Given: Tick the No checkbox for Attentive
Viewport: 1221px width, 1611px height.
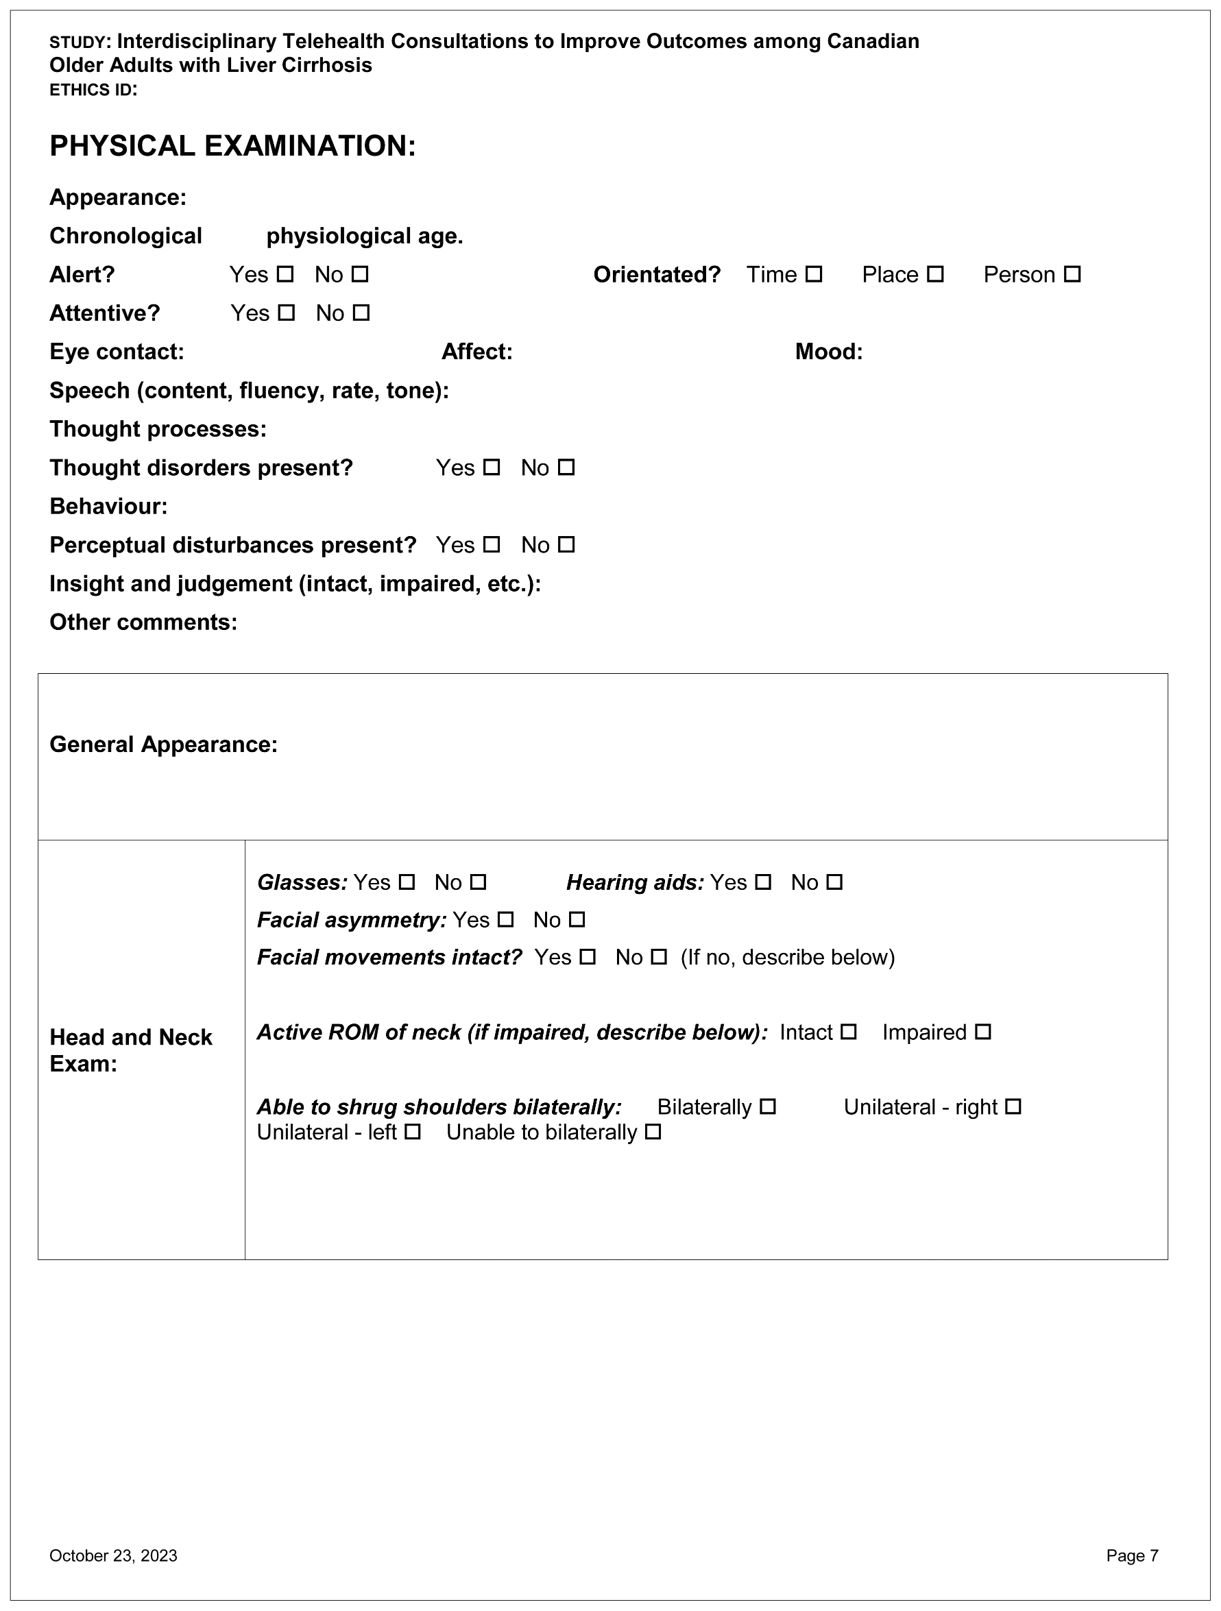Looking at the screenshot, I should coord(361,313).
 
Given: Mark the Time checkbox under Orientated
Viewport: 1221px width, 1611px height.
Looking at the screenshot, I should coord(814,275).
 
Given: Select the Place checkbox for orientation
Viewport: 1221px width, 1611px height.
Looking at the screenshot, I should coord(936,275).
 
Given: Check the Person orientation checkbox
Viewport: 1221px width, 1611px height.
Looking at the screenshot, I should coord(1072,275).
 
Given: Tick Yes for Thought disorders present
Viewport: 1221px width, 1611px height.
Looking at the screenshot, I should coord(492,468).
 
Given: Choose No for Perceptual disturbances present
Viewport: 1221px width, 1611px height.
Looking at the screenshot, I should coord(567,545).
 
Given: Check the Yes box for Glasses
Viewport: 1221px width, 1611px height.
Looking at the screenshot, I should coord(407,883).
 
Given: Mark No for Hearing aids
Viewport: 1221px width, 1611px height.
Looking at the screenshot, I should coord(835,883).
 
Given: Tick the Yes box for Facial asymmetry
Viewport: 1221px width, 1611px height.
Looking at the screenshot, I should coord(505,920).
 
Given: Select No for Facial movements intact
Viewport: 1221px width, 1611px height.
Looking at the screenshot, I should coord(659,957).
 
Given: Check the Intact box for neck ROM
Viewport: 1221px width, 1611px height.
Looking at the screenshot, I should coord(849,1032).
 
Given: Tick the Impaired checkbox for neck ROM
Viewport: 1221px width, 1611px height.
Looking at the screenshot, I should coord(984,1032).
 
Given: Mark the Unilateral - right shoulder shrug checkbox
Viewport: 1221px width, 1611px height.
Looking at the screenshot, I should coord(1013,1107).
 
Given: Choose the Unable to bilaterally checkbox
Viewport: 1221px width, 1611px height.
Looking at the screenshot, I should coord(653,1132).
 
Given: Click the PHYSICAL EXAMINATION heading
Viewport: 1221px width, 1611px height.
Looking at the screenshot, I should coord(232,147).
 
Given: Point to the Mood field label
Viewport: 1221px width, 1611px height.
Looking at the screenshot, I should coord(828,352).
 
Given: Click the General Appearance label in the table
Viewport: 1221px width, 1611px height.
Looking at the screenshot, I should coord(163,744).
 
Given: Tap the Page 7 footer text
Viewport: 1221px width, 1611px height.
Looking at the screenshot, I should coord(1131,1555).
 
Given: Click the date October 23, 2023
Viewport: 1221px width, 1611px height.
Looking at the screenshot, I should coord(113,1555).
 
